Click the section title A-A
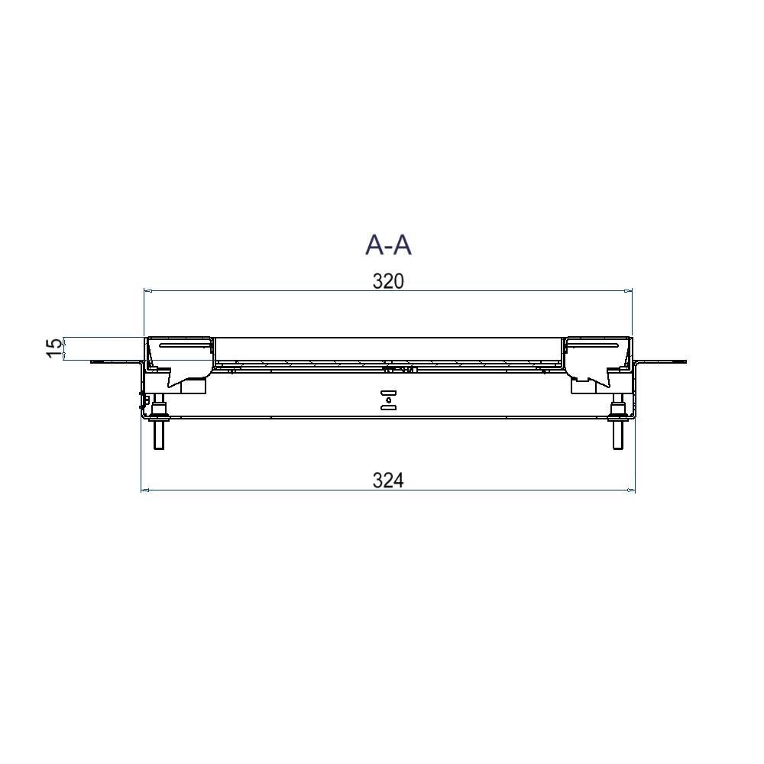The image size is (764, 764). point(388,244)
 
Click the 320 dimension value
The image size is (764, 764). point(388,282)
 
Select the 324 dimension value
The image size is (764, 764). point(388,481)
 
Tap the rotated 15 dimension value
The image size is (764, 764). point(55,348)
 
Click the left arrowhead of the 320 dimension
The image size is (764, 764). point(148,291)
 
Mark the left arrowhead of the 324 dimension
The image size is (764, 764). point(144,490)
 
